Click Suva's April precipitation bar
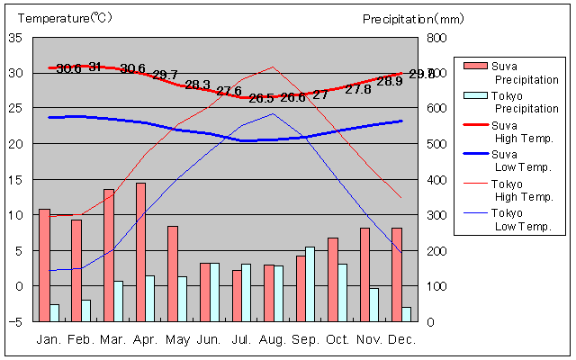(x=140, y=252)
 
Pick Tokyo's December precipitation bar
(x=407, y=314)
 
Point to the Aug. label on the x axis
(x=273, y=339)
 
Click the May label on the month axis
(x=176, y=339)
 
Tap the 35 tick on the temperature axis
(x=16, y=38)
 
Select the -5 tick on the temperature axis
(x=16, y=321)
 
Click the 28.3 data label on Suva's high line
(x=197, y=85)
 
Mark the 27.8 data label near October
(x=358, y=89)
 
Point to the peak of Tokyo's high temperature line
(x=274, y=67)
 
